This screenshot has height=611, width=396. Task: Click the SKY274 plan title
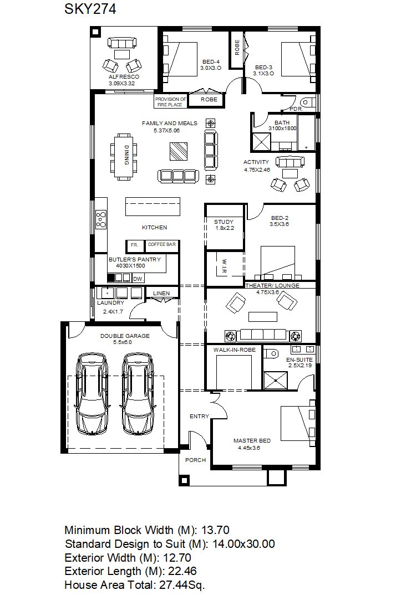(90, 8)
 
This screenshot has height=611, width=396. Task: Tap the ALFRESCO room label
(124, 77)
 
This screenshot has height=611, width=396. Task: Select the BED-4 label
(211, 61)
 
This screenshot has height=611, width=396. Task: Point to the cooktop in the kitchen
(101, 219)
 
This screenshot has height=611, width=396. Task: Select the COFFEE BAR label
(162, 244)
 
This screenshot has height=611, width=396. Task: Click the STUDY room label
(224, 222)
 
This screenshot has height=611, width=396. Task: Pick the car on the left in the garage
(92, 393)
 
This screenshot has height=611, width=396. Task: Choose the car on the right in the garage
(138, 393)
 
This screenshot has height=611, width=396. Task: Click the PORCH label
(195, 460)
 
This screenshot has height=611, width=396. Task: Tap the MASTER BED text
(252, 440)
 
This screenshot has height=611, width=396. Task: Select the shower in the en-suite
(276, 381)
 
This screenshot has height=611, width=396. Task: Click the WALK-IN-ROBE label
(235, 350)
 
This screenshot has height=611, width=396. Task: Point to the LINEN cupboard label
(161, 293)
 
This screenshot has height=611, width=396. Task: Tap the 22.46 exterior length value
(182, 571)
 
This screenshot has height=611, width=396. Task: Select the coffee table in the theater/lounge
(262, 316)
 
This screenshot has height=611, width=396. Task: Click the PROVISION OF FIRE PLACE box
(171, 102)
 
